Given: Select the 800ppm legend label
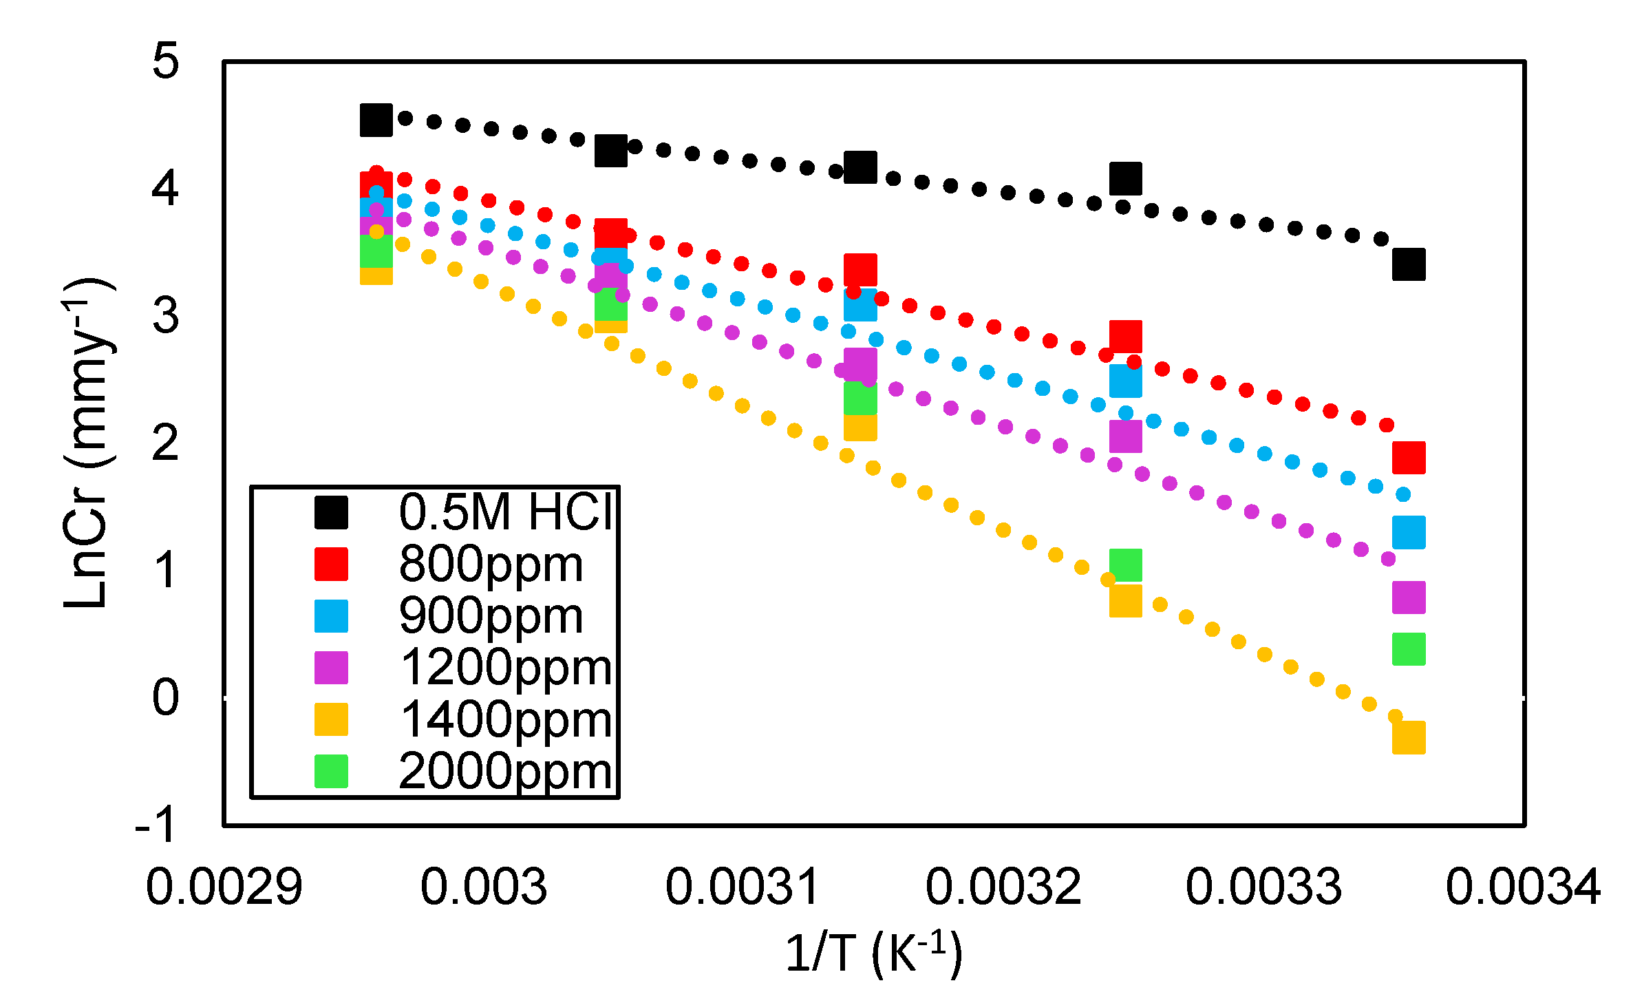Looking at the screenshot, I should coord(491,564).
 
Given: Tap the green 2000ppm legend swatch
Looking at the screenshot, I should coord(331,771).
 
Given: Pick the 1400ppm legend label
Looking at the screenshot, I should coord(505,719).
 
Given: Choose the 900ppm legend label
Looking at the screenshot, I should coord(491,615).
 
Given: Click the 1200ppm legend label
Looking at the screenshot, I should coord(505,667).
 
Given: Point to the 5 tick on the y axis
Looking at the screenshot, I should coord(166,61).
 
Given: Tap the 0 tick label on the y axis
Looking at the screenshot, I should coord(166,697).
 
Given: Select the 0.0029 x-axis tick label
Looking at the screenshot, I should coord(224,887).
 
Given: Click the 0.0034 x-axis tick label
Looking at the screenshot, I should coord(1523,887).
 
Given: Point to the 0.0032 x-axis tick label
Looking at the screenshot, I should coord(1003,887).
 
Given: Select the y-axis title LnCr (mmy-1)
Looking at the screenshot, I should coord(87,443).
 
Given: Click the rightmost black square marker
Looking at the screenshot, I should coord(1408,264).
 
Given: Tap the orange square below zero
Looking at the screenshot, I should coord(1408,738).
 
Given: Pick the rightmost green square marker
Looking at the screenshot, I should coord(1408,649).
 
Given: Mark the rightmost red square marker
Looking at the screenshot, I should coord(1408,458).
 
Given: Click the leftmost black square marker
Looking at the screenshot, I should coord(376,120).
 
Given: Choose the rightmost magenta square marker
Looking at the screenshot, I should coord(1408,598).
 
